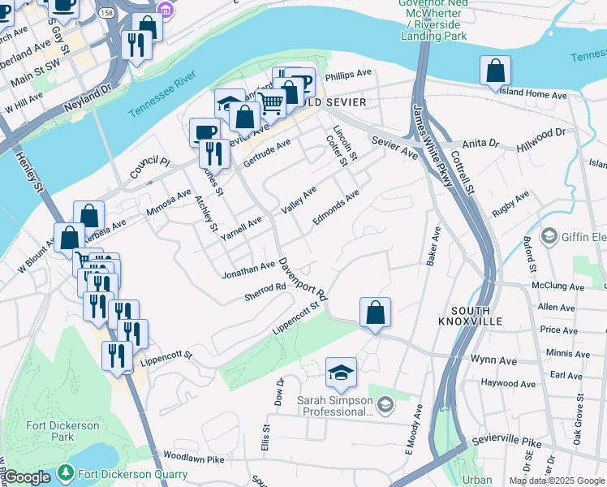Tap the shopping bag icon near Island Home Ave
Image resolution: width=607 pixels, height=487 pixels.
tap(495, 71)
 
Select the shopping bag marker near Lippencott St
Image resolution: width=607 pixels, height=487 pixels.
tap(375, 313)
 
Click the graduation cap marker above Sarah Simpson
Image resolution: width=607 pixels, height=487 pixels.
tap(342, 373)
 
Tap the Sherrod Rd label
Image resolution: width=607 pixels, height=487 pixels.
tap(265, 292)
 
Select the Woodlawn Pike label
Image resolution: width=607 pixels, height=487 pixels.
tap(193, 459)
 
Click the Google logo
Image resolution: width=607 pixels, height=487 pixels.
tap(27, 477)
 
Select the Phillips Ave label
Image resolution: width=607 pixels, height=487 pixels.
tap(349, 74)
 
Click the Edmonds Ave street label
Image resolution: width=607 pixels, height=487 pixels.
tap(336, 209)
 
